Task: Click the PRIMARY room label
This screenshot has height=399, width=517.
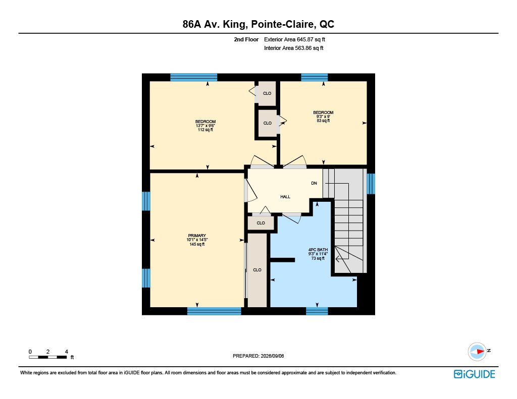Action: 197,236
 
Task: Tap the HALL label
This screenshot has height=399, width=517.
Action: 285,197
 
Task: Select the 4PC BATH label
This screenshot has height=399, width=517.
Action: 318,250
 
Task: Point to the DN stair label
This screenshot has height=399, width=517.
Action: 314,183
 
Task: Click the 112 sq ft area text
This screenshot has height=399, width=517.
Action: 205,130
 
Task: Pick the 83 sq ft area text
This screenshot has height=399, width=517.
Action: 323,121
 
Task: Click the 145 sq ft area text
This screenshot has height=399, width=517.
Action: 197,244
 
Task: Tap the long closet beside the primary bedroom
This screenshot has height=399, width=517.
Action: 257,270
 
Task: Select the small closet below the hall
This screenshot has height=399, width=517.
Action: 261,223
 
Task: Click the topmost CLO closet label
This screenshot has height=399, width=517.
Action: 267,93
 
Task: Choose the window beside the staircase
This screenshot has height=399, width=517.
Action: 371,184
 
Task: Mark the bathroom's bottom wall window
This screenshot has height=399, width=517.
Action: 317,311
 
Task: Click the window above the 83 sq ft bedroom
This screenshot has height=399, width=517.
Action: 314,77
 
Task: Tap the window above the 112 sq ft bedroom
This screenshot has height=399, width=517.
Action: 193,77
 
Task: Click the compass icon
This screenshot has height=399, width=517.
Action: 477,352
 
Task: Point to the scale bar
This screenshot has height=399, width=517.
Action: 48,357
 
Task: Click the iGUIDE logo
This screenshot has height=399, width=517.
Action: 474,374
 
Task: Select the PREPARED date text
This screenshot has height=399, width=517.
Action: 258,356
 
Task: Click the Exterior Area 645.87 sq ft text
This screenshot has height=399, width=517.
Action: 294,39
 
